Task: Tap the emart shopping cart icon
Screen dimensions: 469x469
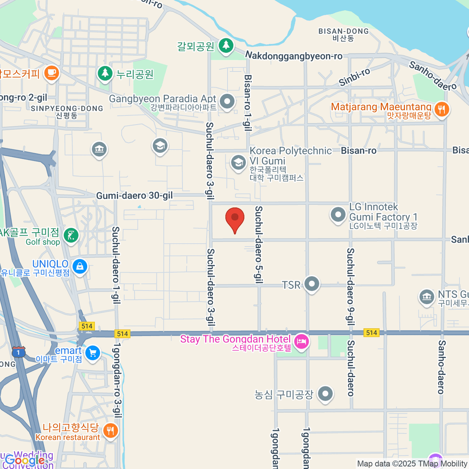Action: (93, 353)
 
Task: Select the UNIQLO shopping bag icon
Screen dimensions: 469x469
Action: (80, 267)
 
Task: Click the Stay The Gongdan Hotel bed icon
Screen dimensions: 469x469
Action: (301, 342)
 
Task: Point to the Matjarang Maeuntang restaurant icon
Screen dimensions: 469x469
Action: (442, 109)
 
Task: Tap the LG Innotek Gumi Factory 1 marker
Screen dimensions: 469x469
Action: (338, 215)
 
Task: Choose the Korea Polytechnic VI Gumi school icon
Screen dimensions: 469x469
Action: (238, 163)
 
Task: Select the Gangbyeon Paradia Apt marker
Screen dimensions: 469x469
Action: (227, 101)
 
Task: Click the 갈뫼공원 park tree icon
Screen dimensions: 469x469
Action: (226, 45)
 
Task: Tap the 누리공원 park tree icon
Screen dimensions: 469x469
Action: (105, 73)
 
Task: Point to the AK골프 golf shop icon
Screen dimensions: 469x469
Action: (71, 236)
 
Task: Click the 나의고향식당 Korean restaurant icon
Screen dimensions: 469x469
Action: (111, 431)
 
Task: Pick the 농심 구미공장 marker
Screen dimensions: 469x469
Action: (325, 394)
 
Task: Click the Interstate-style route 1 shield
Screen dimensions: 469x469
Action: (18, 352)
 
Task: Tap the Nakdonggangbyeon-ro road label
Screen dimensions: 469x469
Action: (294, 56)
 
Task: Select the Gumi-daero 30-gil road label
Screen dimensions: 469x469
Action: (134, 195)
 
